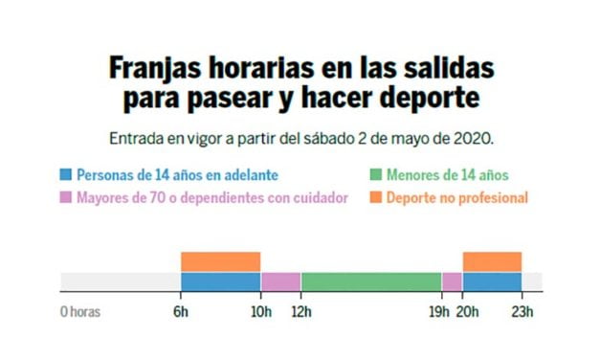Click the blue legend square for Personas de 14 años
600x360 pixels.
(x=66, y=175)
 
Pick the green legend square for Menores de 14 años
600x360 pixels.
(x=376, y=175)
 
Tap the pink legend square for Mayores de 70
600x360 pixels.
(x=66, y=198)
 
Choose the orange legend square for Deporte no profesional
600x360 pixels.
(x=376, y=198)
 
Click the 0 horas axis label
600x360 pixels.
(x=79, y=311)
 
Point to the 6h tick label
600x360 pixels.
(x=181, y=311)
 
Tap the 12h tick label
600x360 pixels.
(x=301, y=311)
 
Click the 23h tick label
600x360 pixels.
(x=522, y=311)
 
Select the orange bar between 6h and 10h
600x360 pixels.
(x=220, y=261)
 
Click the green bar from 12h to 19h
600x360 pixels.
(x=370, y=281)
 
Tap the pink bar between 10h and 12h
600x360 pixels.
(x=280, y=281)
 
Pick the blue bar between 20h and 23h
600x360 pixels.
(x=492, y=281)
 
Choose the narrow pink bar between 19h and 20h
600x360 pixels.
(x=452, y=281)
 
